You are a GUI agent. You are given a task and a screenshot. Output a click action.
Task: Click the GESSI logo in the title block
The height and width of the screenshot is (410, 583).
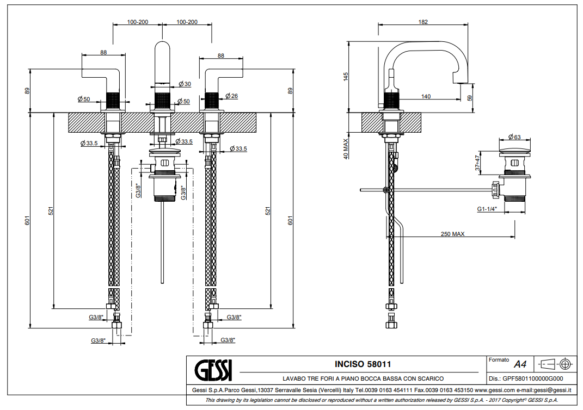pyautogui.click(x=213, y=370)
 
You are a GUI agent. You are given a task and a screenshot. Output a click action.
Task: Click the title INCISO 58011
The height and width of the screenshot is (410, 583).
pyautogui.click(x=363, y=364)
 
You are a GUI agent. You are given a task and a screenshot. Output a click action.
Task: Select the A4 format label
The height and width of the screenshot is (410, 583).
pyautogui.click(x=520, y=364)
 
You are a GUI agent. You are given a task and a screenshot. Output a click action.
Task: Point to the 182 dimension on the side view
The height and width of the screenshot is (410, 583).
pyautogui.click(x=424, y=22)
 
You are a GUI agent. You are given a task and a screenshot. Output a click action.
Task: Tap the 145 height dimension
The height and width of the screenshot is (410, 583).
pyautogui.click(x=345, y=77)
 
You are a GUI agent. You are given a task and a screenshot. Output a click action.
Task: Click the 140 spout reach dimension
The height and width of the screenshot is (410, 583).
pyautogui.click(x=426, y=97)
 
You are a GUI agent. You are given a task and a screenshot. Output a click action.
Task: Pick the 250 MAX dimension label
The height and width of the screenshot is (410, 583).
pyautogui.click(x=453, y=234)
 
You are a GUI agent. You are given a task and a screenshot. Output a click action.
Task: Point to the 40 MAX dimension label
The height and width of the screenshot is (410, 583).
pyautogui.click(x=345, y=148)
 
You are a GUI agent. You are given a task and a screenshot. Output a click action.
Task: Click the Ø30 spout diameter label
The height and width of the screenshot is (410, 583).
pyautogui.click(x=185, y=84)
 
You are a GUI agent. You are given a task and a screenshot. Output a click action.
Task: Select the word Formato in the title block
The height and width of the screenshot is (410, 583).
pyautogui.click(x=499, y=360)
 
